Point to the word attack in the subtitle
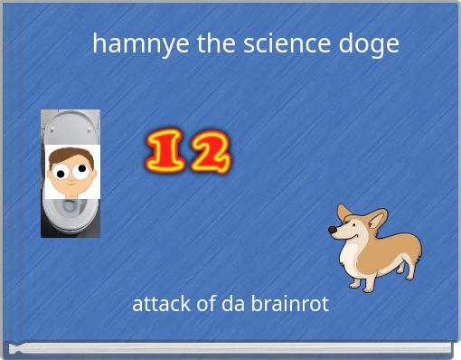click(161, 304)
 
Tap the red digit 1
click(165, 153)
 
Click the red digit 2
click(210, 153)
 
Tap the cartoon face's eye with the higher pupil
click(80, 168)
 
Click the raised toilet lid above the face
click(70, 126)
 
